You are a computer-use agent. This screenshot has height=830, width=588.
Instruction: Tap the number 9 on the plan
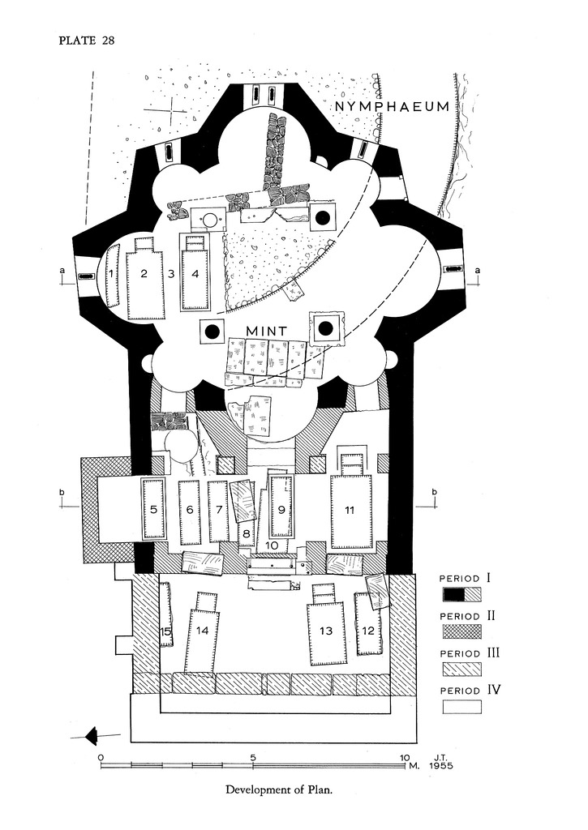click(x=281, y=510)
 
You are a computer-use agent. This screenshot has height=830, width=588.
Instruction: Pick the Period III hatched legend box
click(x=461, y=669)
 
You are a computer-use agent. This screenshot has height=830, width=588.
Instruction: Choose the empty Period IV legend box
click(x=461, y=706)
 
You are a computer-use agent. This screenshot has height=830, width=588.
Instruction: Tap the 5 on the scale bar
click(x=253, y=758)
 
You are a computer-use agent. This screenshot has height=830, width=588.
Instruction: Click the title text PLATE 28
click(x=86, y=43)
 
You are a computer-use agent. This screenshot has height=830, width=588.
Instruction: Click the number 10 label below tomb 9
click(x=273, y=545)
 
